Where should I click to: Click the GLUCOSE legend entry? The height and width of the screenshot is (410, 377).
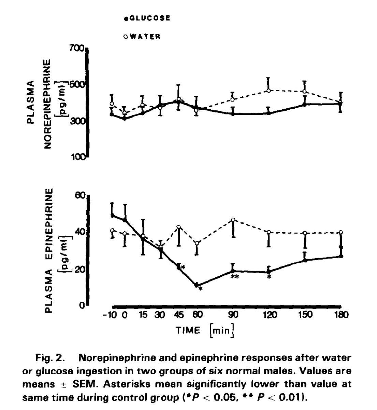point(147,18)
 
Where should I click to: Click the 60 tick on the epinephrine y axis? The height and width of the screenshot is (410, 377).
point(80,196)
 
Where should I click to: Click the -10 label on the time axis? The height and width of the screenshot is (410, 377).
point(111,315)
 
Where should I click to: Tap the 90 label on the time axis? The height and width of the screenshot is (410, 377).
point(233,315)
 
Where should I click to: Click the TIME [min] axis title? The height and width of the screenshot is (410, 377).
point(205,330)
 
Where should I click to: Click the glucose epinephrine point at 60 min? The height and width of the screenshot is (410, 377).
point(196,285)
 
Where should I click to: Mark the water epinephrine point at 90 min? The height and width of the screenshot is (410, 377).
point(233,220)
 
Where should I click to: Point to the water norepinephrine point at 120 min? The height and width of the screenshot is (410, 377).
point(269,91)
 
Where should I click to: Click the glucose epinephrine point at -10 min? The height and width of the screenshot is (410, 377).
point(112,215)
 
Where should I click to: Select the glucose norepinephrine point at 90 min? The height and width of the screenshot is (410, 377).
point(233,114)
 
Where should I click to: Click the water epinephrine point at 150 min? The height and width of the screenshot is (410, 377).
point(305,233)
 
